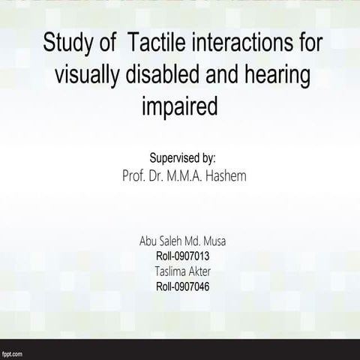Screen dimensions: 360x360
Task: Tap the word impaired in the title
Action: coord(179,107)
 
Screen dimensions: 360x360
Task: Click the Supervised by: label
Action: coord(183,158)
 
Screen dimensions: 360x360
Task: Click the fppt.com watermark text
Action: coord(13,352)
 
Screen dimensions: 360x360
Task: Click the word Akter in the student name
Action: coord(201,271)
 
